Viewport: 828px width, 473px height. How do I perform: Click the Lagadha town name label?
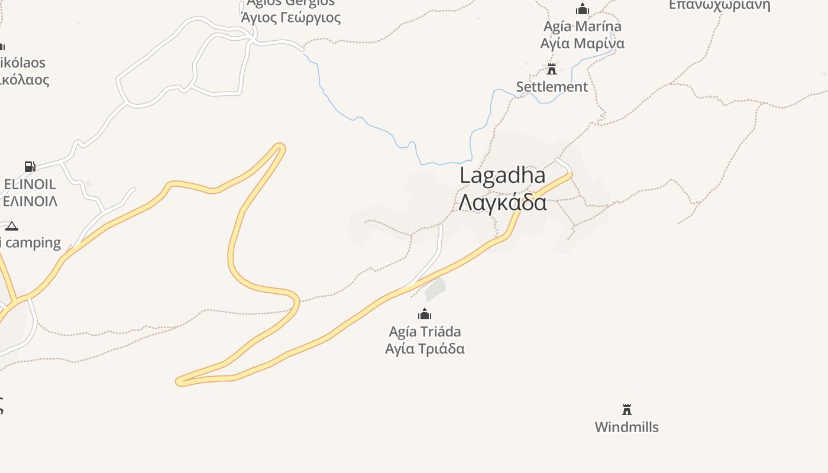[x=502, y=176]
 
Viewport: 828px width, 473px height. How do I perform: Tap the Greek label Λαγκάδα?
[x=502, y=202]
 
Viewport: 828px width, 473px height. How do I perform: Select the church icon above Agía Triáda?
[x=425, y=314]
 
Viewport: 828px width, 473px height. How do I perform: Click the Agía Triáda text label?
[x=425, y=331]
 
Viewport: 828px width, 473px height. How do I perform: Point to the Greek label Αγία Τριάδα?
[x=425, y=348]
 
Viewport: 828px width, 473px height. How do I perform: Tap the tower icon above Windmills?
[x=627, y=409]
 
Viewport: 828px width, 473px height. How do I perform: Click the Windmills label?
[x=626, y=427]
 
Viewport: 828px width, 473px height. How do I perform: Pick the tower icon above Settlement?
[x=552, y=69]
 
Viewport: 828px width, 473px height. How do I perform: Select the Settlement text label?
[x=552, y=87]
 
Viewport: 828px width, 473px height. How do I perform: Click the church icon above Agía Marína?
[x=583, y=9]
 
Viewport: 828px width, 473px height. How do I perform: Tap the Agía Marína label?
[x=583, y=27]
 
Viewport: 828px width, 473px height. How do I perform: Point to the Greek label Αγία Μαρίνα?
[x=583, y=43]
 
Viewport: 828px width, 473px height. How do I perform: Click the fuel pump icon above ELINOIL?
[x=30, y=167]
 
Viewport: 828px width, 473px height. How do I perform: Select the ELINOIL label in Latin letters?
[x=30, y=184]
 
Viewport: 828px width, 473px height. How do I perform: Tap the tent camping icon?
[x=12, y=226]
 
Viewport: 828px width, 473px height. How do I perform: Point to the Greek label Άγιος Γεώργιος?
[x=291, y=17]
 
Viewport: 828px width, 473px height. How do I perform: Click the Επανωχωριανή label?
[x=719, y=5]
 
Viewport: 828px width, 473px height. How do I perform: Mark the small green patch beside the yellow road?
[x=435, y=289]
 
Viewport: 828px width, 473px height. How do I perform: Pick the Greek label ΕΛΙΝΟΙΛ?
[x=30, y=201]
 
